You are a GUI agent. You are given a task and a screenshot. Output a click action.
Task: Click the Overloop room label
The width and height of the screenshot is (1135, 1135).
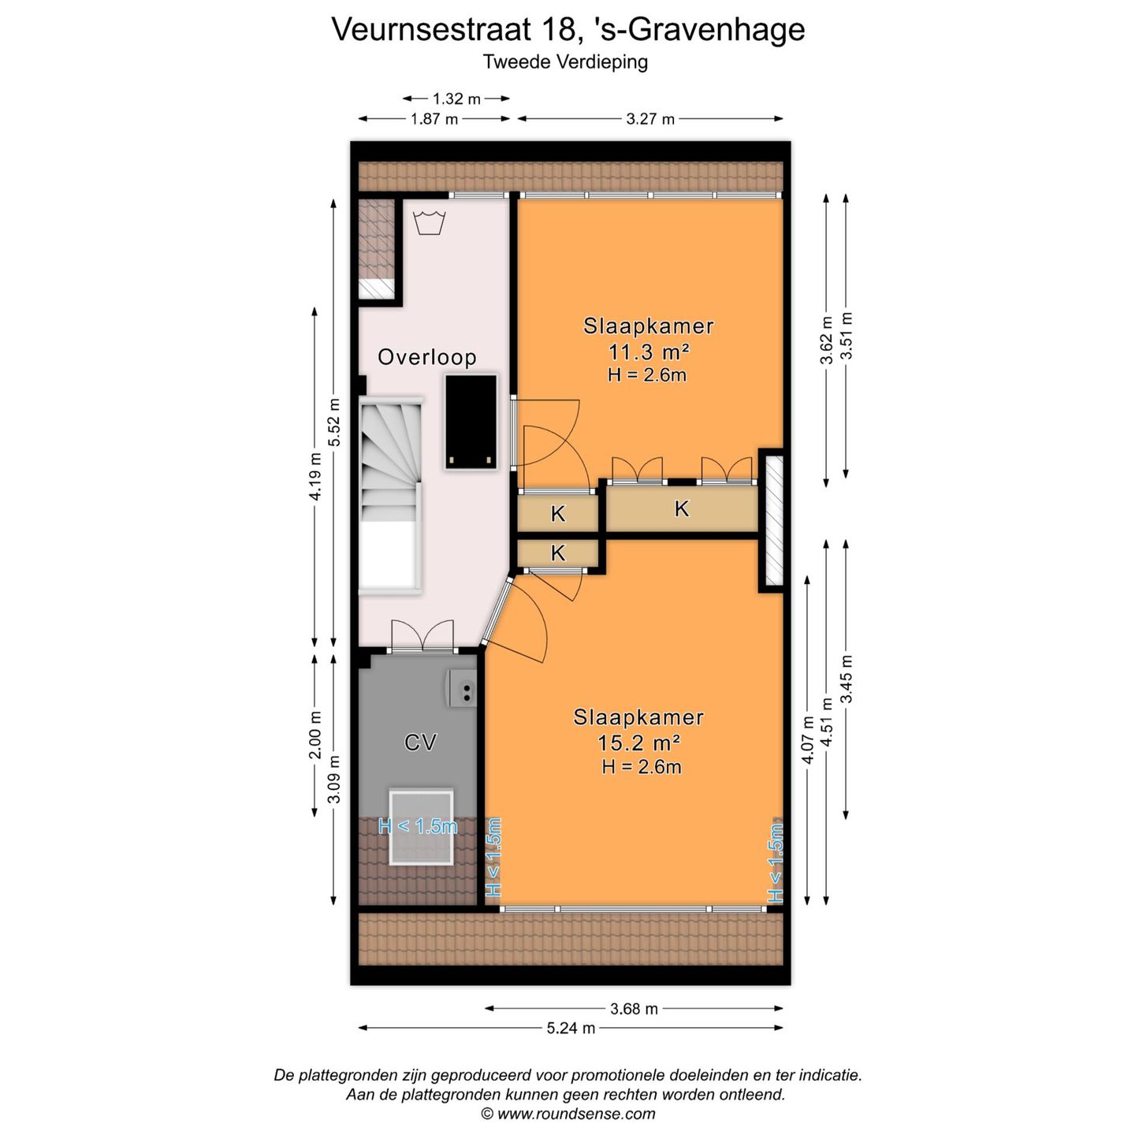pyautogui.click(x=426, y=357)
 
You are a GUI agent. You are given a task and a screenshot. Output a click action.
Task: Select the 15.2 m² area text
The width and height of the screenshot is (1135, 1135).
pyautogui.click(x=638, y=742)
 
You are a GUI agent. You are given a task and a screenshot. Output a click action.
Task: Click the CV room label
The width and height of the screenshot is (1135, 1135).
pyautogui.click(x=419, y=742)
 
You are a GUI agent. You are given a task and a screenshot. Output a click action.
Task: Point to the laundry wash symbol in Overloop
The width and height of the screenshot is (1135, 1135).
pyautogui.click(x=430, y=222)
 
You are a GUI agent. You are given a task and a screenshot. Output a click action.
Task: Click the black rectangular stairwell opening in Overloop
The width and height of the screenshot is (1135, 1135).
pyautogui.click(x=471, y=422)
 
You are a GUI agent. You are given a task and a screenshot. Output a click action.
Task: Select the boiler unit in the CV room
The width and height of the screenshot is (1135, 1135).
pyautogui.click(x=463, y=689)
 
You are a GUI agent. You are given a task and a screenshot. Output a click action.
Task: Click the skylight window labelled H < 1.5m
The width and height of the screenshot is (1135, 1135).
pyautogui.click(x=421, y=827)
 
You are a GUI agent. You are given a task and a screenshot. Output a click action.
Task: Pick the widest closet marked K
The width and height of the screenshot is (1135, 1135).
pyautogui.click(x=681, y=509)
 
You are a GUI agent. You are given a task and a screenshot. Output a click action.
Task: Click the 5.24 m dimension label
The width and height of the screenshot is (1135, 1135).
pyautogui.click(x=571, y=1028)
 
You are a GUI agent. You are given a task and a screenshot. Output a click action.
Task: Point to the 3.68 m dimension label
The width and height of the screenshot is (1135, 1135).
pyautogui.click(x=634, y=1008)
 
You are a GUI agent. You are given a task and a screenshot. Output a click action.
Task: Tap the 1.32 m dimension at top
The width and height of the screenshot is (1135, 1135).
pyautogui.click(x=456, y=99)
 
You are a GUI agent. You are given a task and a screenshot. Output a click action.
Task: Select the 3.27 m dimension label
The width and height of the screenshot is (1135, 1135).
pyautogui.click(x=650, y=119)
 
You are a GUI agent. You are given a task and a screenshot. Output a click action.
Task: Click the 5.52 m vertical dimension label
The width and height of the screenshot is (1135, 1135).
pyautogui.click(x=334, y=422)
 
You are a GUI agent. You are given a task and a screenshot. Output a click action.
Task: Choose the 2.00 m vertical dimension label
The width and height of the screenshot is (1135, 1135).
pyautogui.click(x=314, y=735)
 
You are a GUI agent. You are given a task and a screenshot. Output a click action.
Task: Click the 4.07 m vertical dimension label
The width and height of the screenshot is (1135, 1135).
pyautogui.click(x=807, y=739)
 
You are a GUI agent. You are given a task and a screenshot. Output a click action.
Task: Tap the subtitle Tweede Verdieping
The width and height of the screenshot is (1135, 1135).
pyautogui.click(x=565, y=61)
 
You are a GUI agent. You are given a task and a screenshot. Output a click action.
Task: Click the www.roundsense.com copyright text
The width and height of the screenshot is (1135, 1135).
pyautogui.click(x=568, y=1114)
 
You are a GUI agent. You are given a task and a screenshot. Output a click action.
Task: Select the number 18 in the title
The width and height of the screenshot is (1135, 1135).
pyautogui.click(x=558, y=30)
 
